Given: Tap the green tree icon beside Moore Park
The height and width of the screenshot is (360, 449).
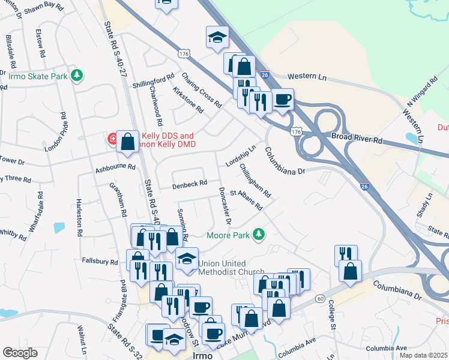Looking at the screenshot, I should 259,233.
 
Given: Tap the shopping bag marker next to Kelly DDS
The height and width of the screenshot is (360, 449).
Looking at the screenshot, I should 127,142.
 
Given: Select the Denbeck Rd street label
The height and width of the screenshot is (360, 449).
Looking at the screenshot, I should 190,183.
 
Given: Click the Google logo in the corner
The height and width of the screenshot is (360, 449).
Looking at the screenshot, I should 20,353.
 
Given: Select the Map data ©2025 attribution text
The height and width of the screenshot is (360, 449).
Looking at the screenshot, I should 424,355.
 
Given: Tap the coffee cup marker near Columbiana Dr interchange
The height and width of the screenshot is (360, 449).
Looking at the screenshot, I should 282,100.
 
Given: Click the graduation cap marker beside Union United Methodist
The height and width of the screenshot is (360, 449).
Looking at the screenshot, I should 187,259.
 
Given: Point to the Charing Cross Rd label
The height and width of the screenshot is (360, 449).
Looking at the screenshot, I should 202,91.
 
